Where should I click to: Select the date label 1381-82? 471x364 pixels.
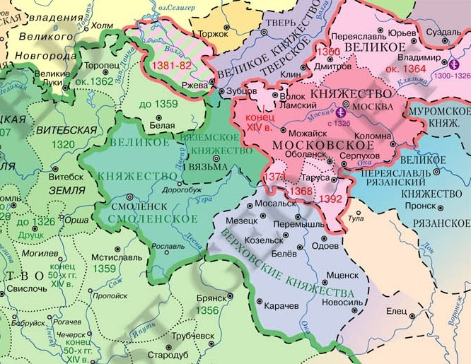point(170,64)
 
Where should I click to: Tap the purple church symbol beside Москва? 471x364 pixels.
point(342,112)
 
